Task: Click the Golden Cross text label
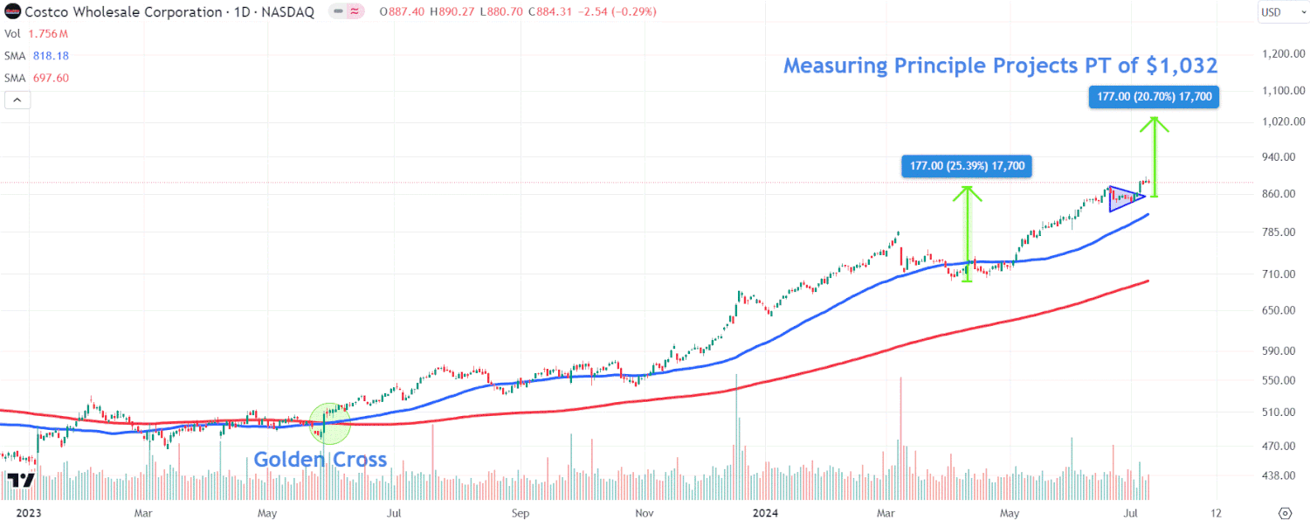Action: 320,460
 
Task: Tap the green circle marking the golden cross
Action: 329,423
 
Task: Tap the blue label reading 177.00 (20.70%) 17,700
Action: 1154,97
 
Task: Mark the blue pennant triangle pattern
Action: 1123,198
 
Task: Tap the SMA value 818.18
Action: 51,55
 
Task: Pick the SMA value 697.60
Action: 51,78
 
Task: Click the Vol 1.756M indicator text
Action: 37,33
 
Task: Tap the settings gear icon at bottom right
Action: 1285,512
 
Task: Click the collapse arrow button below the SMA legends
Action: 17,100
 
